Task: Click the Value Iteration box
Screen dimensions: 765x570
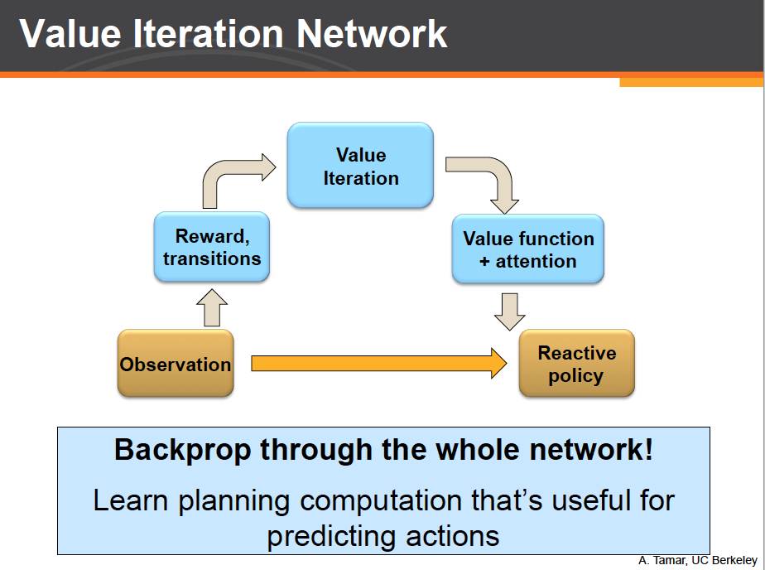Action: [360, 165]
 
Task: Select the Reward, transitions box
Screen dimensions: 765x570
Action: [212, 247]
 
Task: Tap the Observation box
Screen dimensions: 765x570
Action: [176, 364]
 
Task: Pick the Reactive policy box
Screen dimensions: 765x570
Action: [576, 364]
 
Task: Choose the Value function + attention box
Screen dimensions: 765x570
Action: [528, 249]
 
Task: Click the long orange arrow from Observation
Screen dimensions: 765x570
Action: [378, 363]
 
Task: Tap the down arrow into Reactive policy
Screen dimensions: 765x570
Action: [509, 311]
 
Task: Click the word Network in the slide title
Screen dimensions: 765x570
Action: [371, 35]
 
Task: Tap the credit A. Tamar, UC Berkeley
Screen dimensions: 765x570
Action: [698, 561]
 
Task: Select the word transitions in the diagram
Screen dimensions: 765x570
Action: [212, 258]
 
